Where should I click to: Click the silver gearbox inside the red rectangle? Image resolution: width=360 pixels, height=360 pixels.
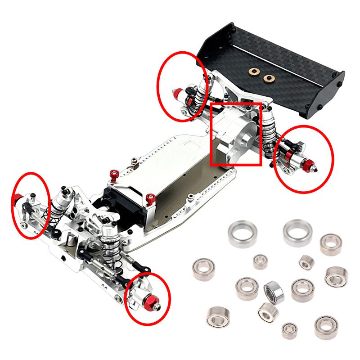234,135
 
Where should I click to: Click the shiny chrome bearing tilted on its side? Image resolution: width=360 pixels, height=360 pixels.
273,291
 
